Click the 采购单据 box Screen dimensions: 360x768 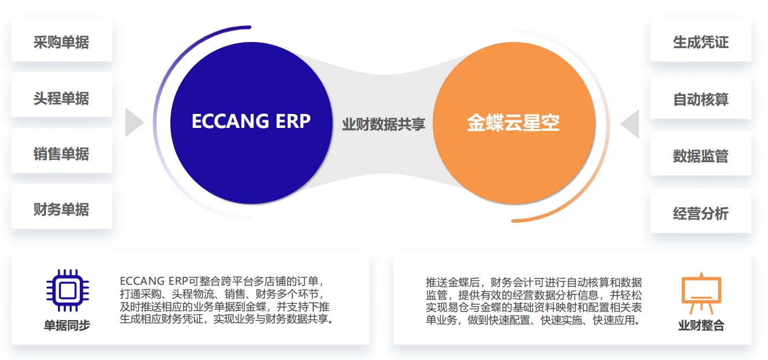pyautogui.click(x=61, y=42)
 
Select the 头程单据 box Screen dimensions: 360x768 pyautogui.click(x=61, y=98)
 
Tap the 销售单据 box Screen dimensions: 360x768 pyautogui.click(x=61, y=154)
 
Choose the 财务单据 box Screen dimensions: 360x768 pyautogui.click(x=61, y=210)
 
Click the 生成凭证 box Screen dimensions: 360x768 pyautogui.click(x=700, y=42)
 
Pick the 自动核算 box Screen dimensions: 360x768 pyautogui.click(x=700, y=99)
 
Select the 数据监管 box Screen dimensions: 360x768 pyautogui.click(x=700, y=156)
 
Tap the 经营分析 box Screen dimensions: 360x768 pyautogui.click(x=700, y=214)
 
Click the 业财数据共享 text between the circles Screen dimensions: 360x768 pyautogui.click(x=383, y=124)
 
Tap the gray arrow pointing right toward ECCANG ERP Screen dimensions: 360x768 pyautogui.click(x=134, y=123)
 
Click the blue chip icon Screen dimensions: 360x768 pyautogui.click(x=67, y=289)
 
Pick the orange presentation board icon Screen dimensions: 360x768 pyautogui.click(x=701, y=293)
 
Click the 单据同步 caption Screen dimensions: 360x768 pyautogui.click(x=67, y=325)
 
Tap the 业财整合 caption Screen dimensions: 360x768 pyautogui.click(x=701, y=325)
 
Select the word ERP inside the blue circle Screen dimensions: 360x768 pyautogui.click(x=292, y=121)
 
